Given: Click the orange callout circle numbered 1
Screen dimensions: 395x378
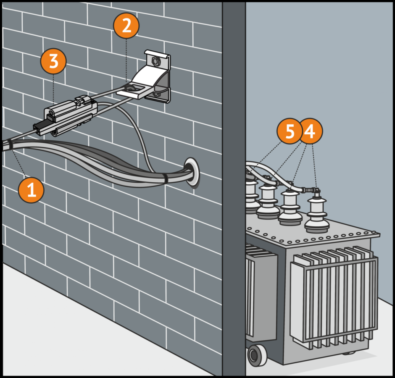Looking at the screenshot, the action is click(x=31, y=190).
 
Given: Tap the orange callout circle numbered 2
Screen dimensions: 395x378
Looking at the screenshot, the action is click(x=126, y=26).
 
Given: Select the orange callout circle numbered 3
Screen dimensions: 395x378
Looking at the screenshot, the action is click(x=53, y=61).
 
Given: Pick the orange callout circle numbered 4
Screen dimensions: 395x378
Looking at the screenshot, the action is click(x=311, y=131).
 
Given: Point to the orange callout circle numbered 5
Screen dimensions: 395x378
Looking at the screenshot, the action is click(x=289, y=131).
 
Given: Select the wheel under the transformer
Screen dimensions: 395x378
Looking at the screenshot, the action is click(x=257, y=355).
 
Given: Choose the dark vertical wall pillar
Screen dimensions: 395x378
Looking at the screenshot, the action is click(x=234, y=189).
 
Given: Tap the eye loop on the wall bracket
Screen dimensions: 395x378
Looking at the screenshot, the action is click(x=129, y=88).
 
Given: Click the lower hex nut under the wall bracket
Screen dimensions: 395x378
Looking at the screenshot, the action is click(x=156, y=94).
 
